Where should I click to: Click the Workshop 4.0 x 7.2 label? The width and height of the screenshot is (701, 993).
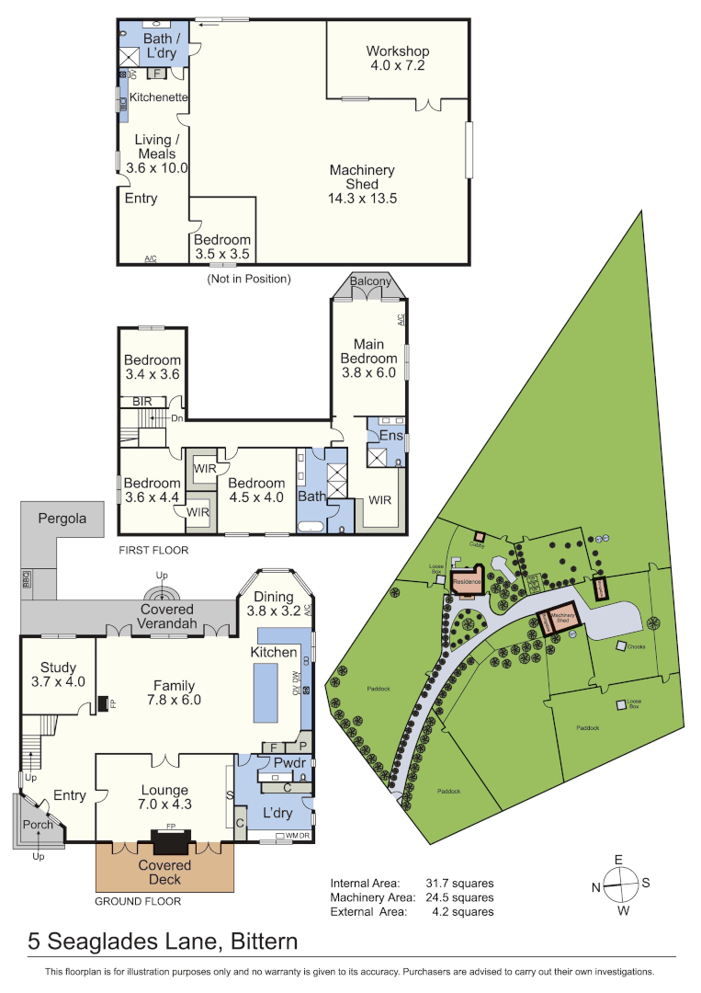(x=398, y=58)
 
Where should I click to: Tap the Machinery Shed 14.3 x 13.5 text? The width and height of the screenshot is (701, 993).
(x=362, y=184)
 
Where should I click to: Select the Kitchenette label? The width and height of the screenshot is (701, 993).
(x=158, y=97)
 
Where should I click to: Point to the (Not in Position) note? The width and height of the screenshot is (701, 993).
(x=248, y=279)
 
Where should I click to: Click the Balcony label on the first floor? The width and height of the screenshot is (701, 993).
(x=370, y=281)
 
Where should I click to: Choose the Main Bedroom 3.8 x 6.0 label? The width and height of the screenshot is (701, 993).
(x=368, y=359)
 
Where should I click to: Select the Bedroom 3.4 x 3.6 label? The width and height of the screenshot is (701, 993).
(x=153, y=367)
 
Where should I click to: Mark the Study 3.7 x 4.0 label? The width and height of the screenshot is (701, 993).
(x=57, y=674)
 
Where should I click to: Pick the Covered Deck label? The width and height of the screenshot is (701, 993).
(x=165, y=872)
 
